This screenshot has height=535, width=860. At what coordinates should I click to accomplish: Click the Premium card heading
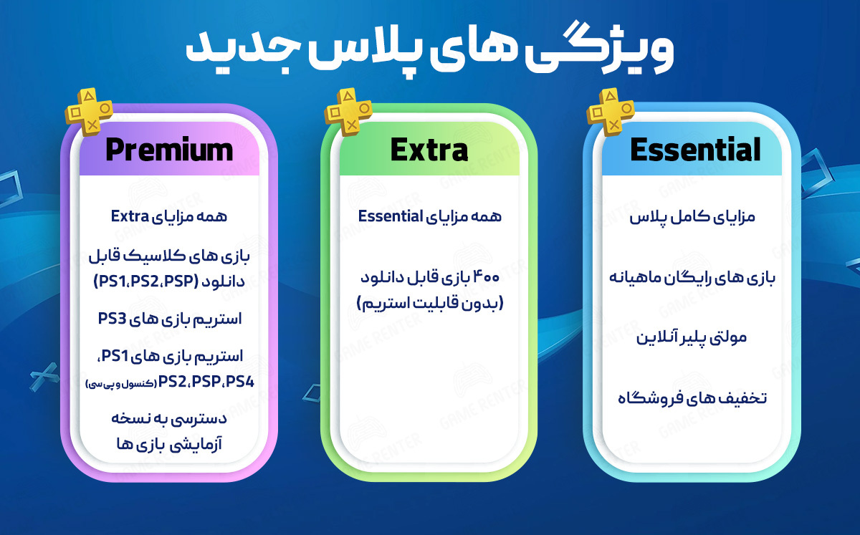click(x=169, y=150)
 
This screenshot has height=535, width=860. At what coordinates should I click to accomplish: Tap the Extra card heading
click(x=429, y=150)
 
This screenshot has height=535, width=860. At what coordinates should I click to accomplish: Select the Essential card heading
click(x=695, y=150)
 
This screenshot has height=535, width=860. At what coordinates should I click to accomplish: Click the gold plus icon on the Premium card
click(x=89, y=112)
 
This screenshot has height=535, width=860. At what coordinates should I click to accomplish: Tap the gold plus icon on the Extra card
click(x=348, y=112)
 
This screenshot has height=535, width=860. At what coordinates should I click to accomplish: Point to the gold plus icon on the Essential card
click(x=611, y=112)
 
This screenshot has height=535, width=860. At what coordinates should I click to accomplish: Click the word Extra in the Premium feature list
click(x=130, y=216)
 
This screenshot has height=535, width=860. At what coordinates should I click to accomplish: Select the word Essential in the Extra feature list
click(x=391, y=216)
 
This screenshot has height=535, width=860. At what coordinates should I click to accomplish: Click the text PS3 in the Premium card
click(x=112, y=319)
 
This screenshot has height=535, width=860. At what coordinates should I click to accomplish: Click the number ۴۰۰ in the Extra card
click(x=487, y=277)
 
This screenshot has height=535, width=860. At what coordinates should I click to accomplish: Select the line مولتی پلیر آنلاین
click(x=692, y=338)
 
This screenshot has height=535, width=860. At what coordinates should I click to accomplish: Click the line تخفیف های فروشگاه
click(x=692, y=398)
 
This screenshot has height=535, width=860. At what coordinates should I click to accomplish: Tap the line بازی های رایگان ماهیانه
click(x=692, y=277)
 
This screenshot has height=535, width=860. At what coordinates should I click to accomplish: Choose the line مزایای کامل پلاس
click(x=692, y=217)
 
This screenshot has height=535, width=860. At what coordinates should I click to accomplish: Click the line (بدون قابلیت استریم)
click(x=430, y=303)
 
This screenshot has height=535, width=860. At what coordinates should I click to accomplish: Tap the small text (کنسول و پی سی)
click(x=121, y=384)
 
